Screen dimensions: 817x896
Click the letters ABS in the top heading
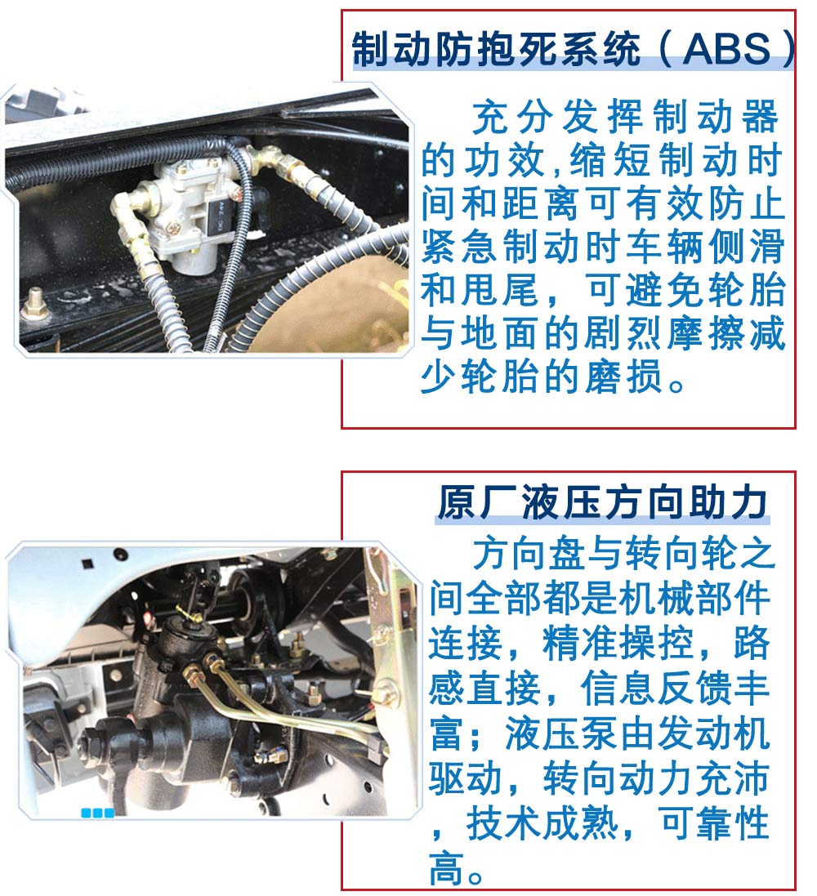(x=726, y=49)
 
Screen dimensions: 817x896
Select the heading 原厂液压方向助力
(x=602, y=503)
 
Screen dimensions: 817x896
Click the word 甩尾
(x=501, y=290)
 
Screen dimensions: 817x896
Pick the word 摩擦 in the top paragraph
(x=707, y=334)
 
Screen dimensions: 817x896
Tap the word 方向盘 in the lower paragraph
(x=529, y=554)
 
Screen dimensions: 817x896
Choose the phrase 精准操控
(x=617, y=644)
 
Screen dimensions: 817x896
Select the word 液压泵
(x=560, y=733)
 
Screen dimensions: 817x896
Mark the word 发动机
(x=713, y=733)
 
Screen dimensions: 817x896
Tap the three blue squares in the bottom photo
(x=97, y=813)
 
